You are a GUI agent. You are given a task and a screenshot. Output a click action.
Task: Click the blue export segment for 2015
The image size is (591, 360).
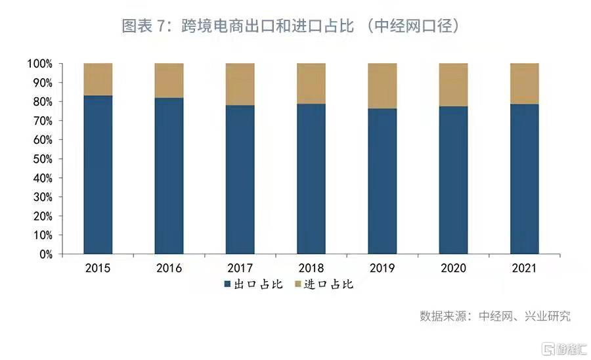[98, 174]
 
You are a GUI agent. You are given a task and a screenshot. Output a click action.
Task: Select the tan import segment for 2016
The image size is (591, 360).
[169, 80]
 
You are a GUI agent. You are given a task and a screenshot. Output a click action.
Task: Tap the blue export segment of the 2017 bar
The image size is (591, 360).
[240, 179]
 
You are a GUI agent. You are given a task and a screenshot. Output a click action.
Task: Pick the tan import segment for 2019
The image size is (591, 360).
[382, 85]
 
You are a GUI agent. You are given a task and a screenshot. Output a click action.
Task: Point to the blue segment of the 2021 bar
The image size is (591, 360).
[525, 179]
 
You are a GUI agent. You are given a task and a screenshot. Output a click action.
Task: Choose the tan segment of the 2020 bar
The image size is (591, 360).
[453, 84]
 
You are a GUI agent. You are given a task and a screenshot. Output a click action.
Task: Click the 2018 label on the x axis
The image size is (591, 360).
[311, 268]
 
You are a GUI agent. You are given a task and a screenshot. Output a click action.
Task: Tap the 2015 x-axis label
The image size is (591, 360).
[98, 268]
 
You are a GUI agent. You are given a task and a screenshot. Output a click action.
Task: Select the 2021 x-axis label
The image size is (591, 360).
[525, 268]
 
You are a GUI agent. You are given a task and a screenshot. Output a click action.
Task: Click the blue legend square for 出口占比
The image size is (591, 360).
[228, 284]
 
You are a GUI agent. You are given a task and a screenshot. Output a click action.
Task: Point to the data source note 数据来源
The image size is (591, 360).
[495, 316]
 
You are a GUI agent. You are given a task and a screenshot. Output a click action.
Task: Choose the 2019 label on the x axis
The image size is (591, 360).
[382, 268]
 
